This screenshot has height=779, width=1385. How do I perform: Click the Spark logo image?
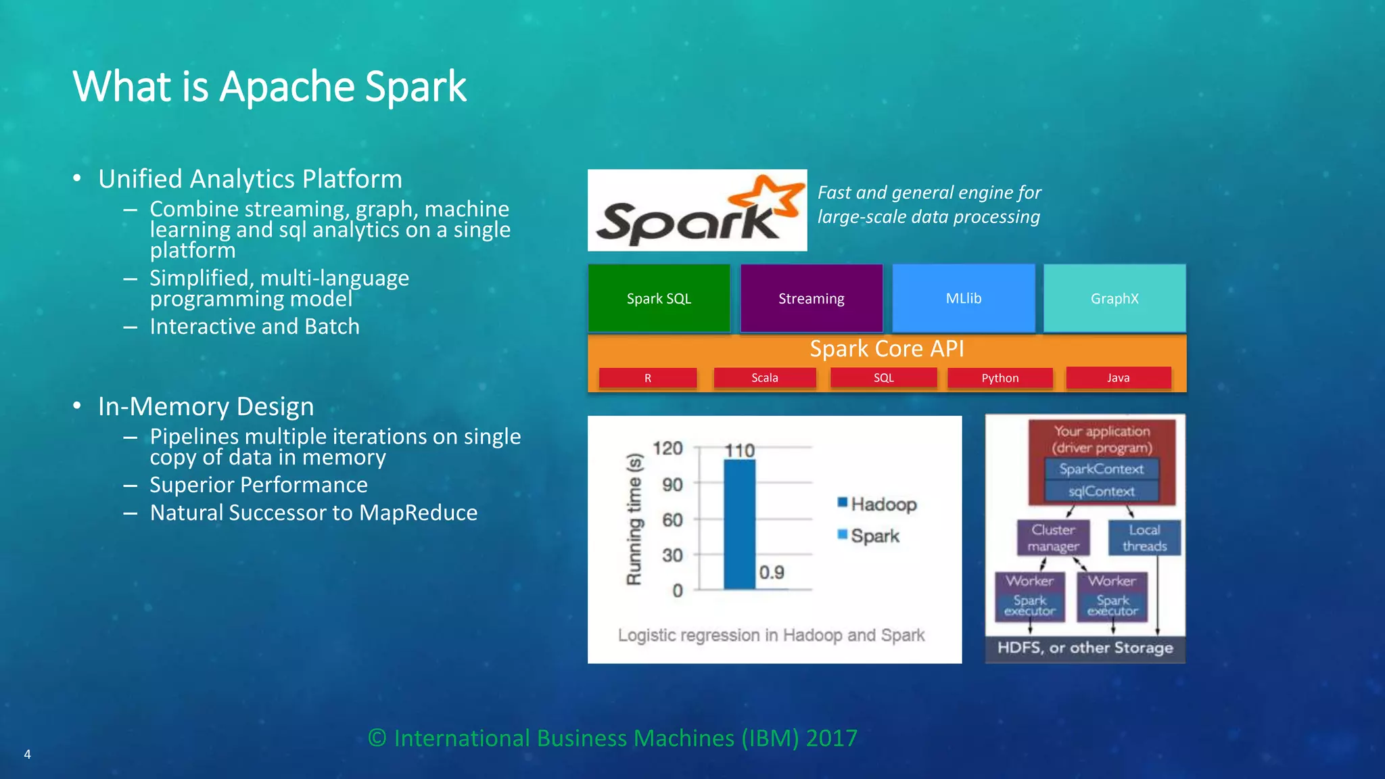point(697,210)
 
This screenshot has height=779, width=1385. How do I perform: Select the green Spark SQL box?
point(659,298)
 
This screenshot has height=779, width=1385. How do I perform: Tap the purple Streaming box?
point(812,298)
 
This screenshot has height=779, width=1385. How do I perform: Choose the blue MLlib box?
point(964,298)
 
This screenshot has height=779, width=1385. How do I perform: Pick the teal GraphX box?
point(1114,298)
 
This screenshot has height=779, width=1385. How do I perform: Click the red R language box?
point(648,378)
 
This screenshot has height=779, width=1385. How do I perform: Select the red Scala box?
point(765,378)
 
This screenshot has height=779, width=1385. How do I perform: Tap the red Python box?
point(1000,378)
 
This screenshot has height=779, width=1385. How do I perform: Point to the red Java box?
point(1119,378)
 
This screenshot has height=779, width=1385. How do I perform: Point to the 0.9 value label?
point(772,573)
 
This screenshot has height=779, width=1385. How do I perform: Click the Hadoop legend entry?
point(877,504)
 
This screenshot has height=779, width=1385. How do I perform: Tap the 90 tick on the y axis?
point(672,484)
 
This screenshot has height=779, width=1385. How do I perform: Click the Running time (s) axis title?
point(634,519)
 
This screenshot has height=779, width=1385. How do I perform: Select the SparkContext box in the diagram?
point(1102,469)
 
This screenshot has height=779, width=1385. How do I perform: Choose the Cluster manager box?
point(1053,538)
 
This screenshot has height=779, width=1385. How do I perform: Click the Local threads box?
point(1144,538)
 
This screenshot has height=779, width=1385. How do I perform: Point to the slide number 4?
point(28,754)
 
